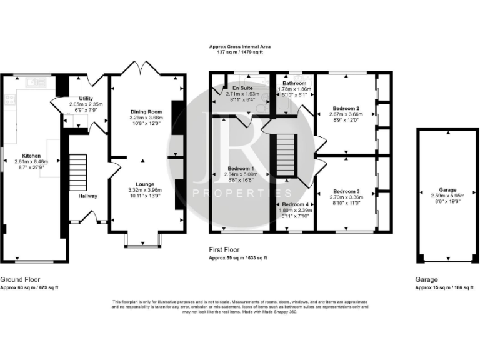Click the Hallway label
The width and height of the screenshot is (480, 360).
(x=87, y=196)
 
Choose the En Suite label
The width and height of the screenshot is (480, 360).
(x=242, y=88)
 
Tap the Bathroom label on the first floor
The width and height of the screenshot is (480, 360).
(x=294, y=83)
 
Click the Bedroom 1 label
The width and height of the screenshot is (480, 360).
(x=241, y=169)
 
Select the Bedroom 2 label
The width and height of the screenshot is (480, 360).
(x=346, y=108)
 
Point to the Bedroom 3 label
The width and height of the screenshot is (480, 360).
(x=346, y=191)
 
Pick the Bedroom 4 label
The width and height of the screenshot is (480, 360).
(x=294, y=204)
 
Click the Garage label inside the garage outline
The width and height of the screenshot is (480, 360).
(x=447, y=189)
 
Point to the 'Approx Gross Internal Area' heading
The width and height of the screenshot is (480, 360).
(x=240, y=47)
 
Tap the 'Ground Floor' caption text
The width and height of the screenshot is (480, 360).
(x=21, y=279)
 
